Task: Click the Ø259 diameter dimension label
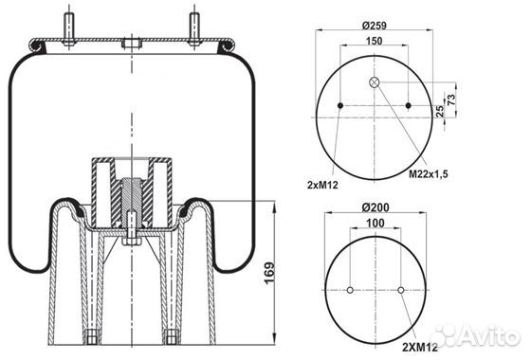[374, 25]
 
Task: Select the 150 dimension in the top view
[375, 41]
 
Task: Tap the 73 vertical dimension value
[451, 99]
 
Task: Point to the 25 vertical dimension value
[440, 112]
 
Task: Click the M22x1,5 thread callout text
[429, 174]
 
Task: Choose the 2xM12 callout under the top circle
[322, 185]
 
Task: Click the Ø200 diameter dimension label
[375, 207]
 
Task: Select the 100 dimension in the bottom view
[375, 223]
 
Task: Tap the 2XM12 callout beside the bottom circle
[420, 347]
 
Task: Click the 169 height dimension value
[269, 273]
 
